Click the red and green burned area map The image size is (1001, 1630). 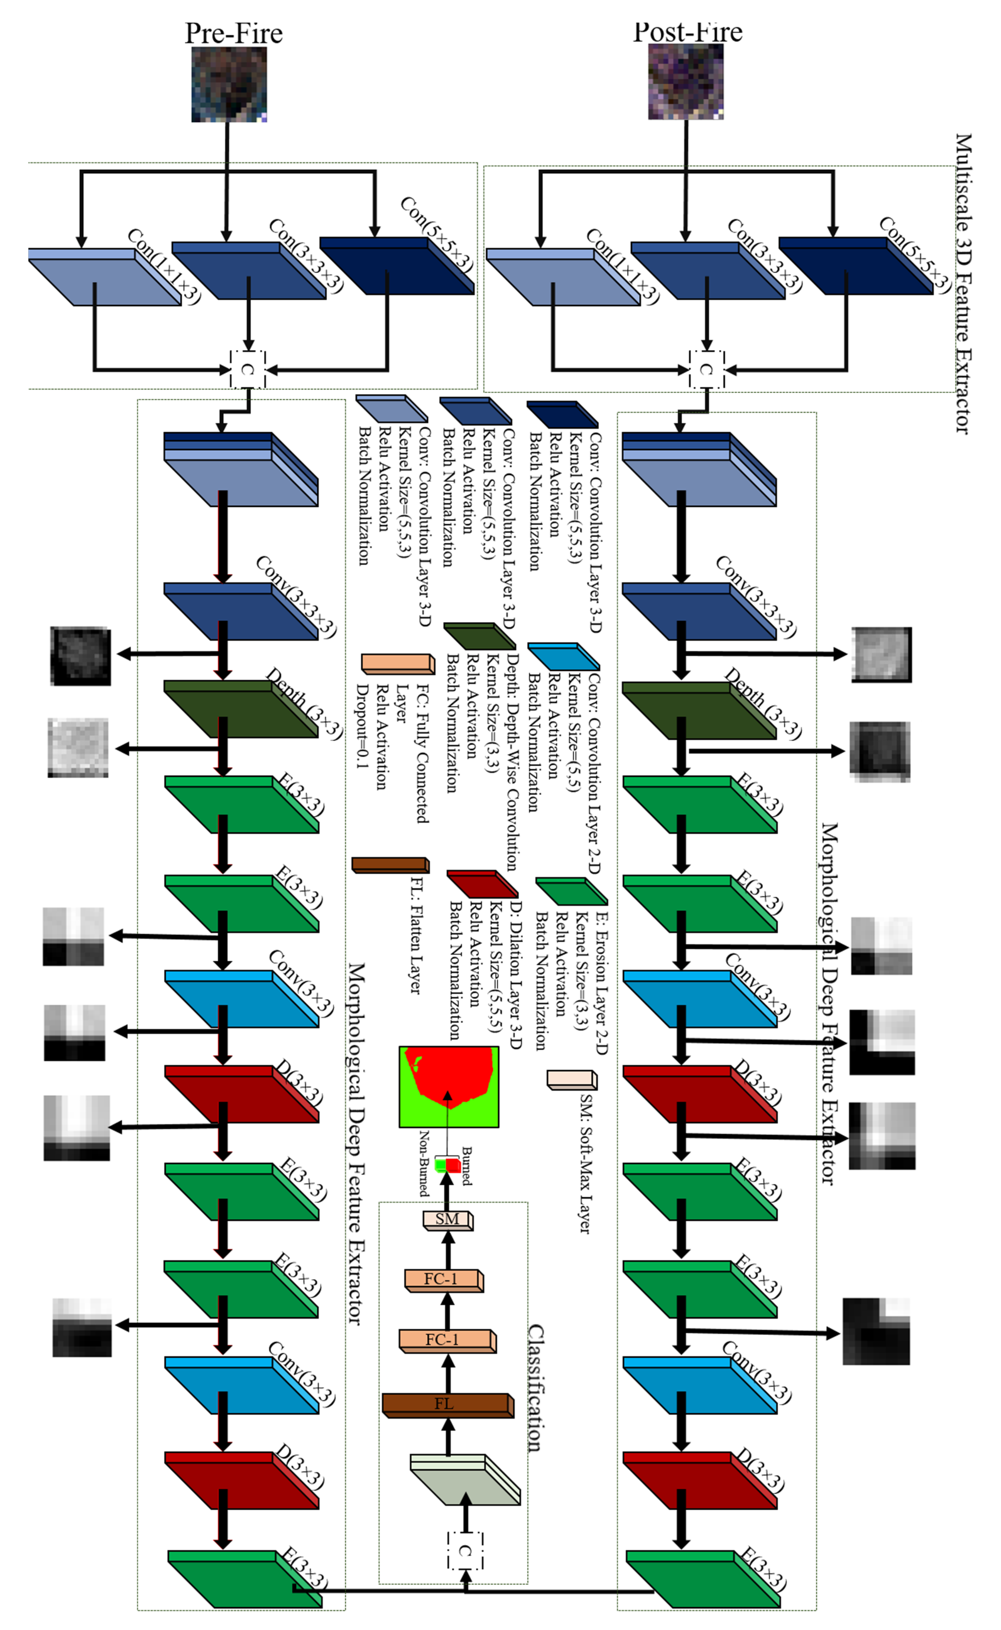448,1086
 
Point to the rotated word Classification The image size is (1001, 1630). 536,1387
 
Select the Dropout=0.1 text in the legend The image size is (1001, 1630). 362,726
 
